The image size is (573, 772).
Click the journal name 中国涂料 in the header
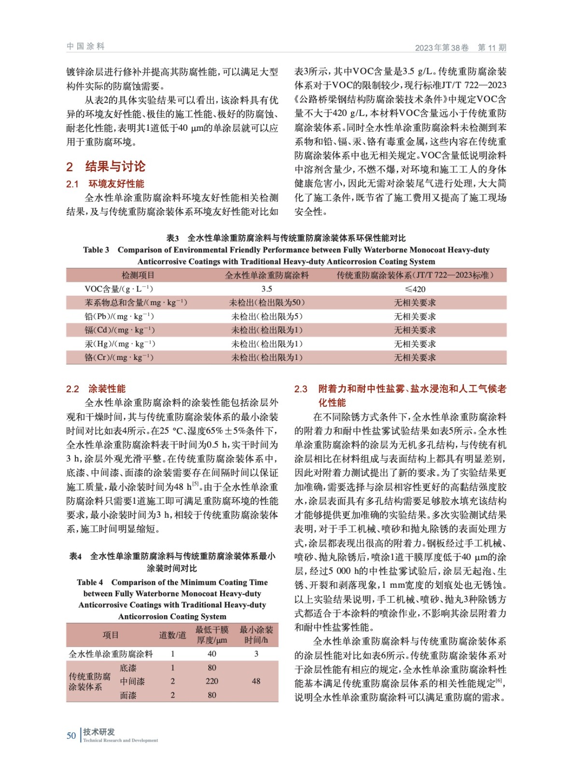pos(85,46)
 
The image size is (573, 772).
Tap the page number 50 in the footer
pos(71,735)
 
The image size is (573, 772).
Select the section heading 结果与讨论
pos(115,166)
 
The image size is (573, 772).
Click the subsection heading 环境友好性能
pos(116,184)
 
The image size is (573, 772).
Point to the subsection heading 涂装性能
pos(107,388)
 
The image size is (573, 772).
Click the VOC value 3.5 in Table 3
pos(266,289)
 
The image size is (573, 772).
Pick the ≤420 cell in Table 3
pos(415,289)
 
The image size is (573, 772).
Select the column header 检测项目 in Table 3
pos(138,275)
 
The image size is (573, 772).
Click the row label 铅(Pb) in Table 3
pos(119,317)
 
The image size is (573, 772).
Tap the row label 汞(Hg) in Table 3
pos(120,344)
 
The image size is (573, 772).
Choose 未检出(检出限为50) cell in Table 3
pos(266,303)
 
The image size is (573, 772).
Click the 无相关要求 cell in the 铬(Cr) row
pos(415,358)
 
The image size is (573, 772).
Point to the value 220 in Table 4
pos(211,681)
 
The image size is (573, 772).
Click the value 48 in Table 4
pos(256,681)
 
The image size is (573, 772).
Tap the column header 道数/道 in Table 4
pos(172,635)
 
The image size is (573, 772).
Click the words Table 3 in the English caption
pos(96,250)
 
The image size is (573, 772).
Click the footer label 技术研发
pos(99,732)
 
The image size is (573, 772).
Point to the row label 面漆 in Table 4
pos(128,695)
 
